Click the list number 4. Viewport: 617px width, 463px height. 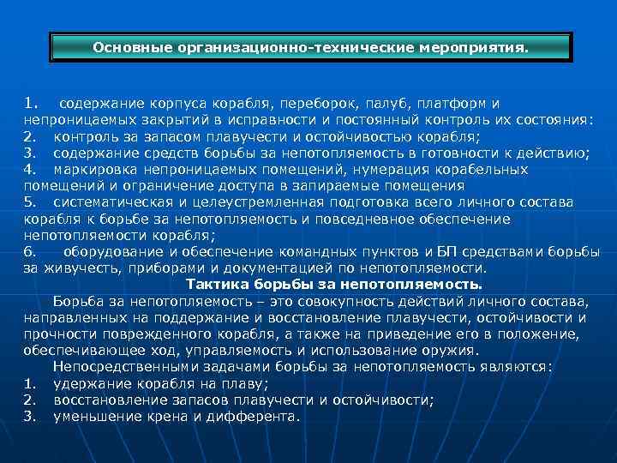(30, 170)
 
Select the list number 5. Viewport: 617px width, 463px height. (30, 202)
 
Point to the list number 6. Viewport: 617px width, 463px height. (30, 251)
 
